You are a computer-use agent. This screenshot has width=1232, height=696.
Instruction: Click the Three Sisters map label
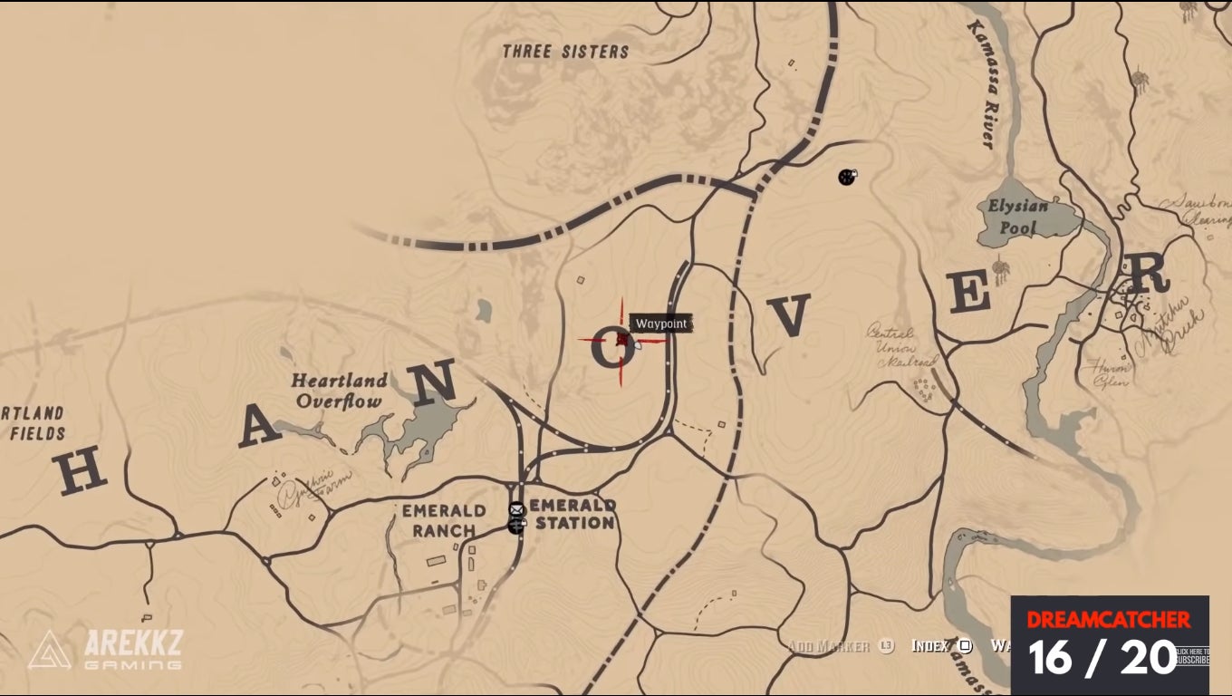565,52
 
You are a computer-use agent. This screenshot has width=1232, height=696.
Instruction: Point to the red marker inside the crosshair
622,340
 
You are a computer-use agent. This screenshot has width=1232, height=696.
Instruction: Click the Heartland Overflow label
339,391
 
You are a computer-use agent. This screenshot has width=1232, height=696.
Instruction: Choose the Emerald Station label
573,514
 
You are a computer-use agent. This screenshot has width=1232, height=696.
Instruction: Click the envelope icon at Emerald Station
516,510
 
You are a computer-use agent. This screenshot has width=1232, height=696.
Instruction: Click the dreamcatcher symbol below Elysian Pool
1001,270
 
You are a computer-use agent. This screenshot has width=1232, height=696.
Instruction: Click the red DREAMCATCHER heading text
1108,620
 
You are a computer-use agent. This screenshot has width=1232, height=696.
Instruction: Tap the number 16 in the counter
1051,657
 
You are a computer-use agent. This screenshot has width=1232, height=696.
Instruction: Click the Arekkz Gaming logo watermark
105,650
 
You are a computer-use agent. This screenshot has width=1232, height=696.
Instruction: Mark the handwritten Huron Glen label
1112,374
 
